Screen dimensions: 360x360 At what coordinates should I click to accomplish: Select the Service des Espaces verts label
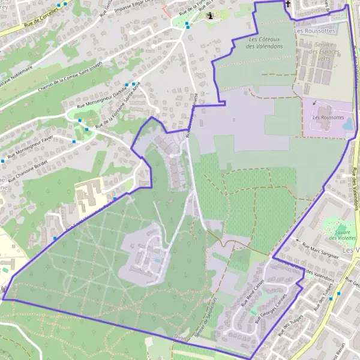click(327, 52)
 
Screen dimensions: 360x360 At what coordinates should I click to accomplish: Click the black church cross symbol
click(288, 5)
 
